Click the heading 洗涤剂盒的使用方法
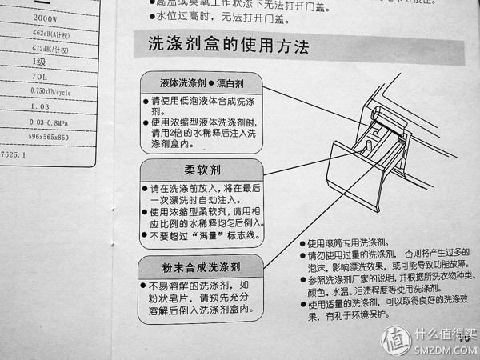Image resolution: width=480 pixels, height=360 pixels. pos(229,46)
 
